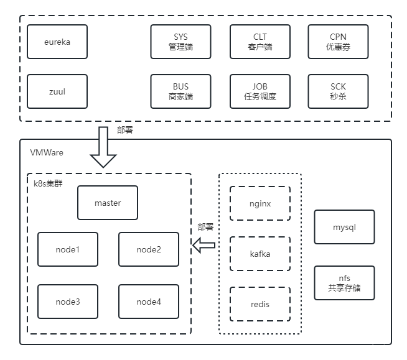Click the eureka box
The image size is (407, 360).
[57, 42]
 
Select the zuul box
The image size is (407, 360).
[57, 91]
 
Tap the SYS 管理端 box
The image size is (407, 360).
[180, 42]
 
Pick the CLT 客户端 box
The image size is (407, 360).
[260, 42]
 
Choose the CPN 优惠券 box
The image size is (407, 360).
[338, 42]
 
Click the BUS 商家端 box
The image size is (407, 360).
[180, 91]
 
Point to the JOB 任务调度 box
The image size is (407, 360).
[260, 91]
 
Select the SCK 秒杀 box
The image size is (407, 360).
[338, 91]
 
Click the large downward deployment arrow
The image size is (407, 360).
[103, 147]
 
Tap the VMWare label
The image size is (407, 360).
[47, 152]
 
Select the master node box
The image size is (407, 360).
[108, 203]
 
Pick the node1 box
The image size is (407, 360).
[68, 249]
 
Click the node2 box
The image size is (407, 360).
[149, 249]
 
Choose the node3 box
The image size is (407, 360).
[68, 302]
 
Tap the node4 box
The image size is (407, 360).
[149, 302]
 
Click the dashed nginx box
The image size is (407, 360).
[260, 203]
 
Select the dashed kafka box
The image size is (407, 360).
[260, 254]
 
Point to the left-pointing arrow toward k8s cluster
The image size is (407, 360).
[204, 246]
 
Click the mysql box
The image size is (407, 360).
[344, 227]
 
